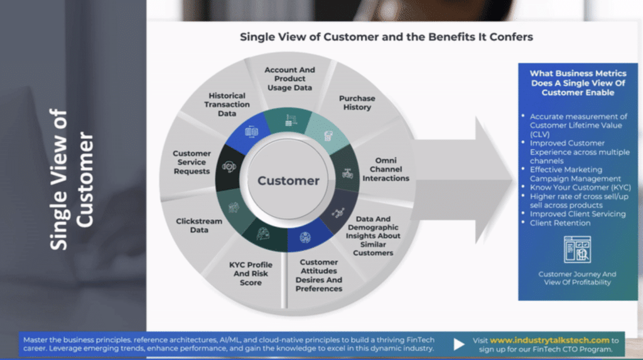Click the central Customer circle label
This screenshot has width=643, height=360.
pos(288,180)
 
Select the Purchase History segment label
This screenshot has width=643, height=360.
pos(357,103)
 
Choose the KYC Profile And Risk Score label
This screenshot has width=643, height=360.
pos(251,274)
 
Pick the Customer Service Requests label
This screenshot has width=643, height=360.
pos(192,162)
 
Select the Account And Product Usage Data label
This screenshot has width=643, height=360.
pos(289,79)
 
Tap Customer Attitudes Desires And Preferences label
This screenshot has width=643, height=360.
pos(318,275)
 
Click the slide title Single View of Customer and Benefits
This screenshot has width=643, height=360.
pos(386,37)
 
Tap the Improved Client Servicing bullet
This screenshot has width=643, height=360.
pos(577,214)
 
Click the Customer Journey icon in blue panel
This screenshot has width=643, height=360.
pos(577,249)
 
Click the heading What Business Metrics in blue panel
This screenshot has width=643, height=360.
pos(578,83)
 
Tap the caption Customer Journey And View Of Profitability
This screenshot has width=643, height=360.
pos(577,278)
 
